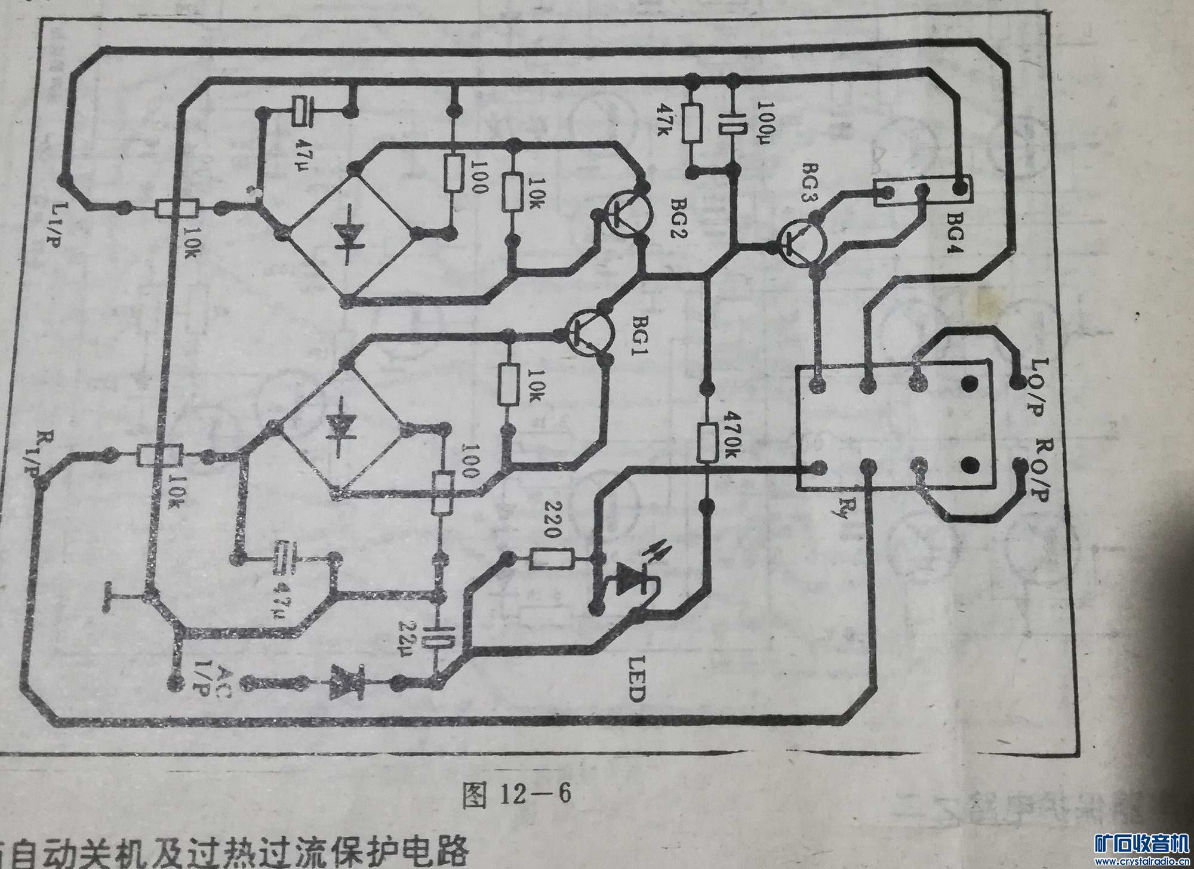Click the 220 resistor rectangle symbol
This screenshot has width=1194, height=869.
pos(552,560)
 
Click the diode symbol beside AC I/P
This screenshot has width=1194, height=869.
pos(346,681)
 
